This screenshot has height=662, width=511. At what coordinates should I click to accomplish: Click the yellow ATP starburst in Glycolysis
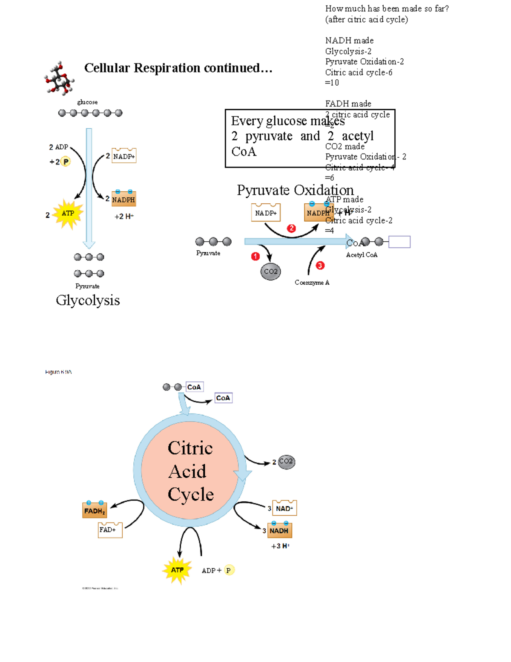point(68,214)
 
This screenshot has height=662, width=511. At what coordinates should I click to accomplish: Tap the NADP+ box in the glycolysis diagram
point(124,156)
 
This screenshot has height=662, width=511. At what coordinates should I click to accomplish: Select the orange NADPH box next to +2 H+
point(124,199)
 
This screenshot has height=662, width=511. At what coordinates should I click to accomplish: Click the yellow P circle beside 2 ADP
point(66,162)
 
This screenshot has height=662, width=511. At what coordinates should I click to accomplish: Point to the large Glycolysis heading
point(88,301)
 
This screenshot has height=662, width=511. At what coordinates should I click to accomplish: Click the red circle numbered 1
point(255,256)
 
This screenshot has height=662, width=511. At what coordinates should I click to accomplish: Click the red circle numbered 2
point(291,228)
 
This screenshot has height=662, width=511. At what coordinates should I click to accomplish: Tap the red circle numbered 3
point(320,266)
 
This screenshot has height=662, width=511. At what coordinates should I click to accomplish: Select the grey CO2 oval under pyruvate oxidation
point(271,272)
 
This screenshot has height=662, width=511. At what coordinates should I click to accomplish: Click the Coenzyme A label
point(312,283)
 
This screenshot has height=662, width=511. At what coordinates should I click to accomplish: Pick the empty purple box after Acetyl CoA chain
point(399,242)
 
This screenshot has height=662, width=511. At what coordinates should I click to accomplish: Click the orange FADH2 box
point(95,510)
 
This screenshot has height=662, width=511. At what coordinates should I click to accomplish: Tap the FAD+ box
point(110,530)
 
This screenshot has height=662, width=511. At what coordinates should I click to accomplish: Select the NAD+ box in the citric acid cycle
point(284,508)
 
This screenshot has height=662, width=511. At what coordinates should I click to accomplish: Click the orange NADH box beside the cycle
point(279,530)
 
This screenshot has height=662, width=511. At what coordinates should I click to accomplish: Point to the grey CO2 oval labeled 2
point(286,461)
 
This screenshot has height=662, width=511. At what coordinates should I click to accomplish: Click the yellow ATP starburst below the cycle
point(177,570)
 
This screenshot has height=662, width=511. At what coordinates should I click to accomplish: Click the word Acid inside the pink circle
point(187,471)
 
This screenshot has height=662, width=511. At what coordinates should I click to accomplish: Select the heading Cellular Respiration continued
point(178,68)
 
